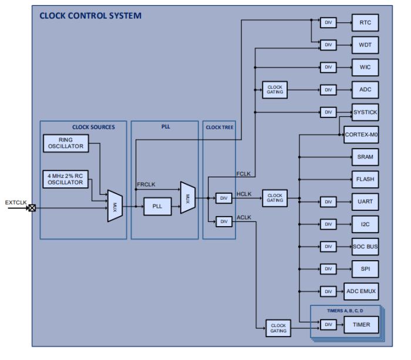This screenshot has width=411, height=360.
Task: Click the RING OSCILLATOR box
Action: coord(66,143)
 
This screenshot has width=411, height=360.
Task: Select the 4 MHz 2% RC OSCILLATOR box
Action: coord(66,179)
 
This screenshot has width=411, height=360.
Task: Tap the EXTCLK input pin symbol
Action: coord(32,208)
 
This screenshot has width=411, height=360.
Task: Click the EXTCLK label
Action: coord(16,202)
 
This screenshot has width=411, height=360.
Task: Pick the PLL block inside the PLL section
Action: coord(156,207)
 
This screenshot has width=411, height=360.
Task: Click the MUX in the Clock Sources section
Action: coord(114,206)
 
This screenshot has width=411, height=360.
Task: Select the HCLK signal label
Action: coord(244,193)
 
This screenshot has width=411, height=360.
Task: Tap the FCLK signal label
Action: coord(243,174)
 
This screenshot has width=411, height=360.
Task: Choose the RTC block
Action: coord(365,23)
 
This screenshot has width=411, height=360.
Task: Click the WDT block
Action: coord(365,45)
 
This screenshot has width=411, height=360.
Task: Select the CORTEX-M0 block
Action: coord(361,134)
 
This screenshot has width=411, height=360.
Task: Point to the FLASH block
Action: coord(365,179)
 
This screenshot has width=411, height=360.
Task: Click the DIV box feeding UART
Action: coord(328,201)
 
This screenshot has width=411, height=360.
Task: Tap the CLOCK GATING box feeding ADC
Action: coord(275,90)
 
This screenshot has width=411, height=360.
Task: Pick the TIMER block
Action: coord(361,324)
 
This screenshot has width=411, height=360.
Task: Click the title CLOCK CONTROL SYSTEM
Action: coord(90,15)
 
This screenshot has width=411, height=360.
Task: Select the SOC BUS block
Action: coord(365,247)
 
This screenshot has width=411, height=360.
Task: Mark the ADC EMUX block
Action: coord(361,291)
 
